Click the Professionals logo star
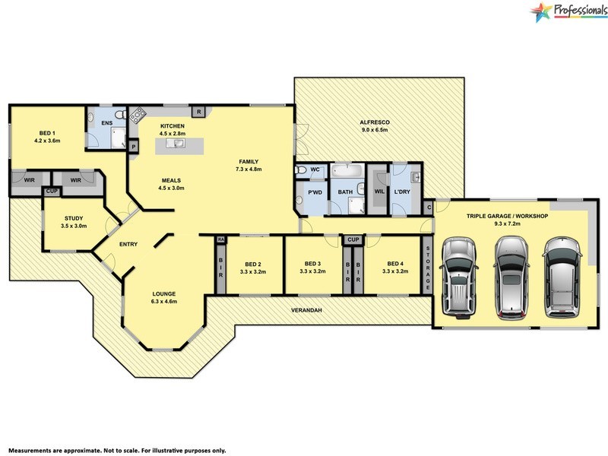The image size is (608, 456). tap(541, 12)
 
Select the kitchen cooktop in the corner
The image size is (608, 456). tap(138, 116)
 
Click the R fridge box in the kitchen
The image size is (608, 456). tap(198, 112)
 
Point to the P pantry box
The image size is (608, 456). tap(133, 146)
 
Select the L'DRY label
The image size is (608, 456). tap(402, 192)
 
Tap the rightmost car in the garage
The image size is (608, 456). tap(562, 275)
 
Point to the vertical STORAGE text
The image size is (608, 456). tap(428, 268)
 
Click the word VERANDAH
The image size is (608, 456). tap(308, 311)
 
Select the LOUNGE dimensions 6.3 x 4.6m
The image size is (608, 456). tap(165, 302)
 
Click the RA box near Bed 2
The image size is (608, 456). tap(221, 239)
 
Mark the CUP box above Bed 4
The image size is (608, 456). tap(353, 239)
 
